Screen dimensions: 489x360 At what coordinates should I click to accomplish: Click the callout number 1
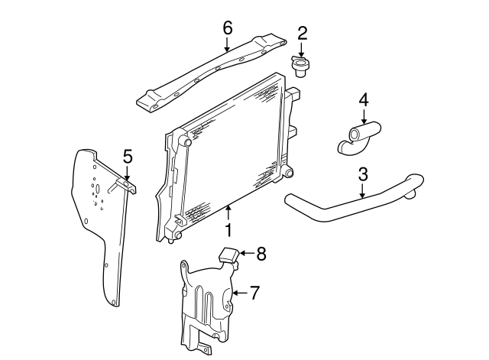pyautogui.click(x=228, y=230)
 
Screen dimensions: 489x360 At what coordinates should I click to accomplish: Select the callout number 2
pyautogui.click(x=302, y=34)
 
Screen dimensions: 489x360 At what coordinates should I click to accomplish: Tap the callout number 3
pyautogui.click(x=363, y=174)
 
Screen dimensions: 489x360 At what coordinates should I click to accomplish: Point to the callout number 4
pyautogui.click(x=364, y=100)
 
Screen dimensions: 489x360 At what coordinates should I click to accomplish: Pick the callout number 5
pyautogui.click(x=128, y=156)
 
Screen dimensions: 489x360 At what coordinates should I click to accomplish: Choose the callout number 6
pyautogui.click(x=228, y=28)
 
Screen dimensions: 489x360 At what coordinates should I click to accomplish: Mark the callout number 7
pyautogui.click(x=254, y=293)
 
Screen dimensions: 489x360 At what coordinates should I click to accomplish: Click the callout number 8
pyautogui.click(x=261, y=254)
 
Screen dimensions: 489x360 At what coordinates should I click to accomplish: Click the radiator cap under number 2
pyautogui.click(x=299, y=66)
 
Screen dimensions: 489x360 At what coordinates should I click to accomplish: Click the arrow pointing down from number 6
pyautogui.click(x=227, y=44)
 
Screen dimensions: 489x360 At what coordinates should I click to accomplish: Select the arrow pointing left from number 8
pyautogui.click(x=247, y=253)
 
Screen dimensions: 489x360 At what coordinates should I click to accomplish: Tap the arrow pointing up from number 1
pyautogui.click(x=228, y=213)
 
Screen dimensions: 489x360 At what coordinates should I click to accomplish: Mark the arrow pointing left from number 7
pyautogui.click(x=241, y=293)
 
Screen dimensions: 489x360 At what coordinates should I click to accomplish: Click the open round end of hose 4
pyautogui.click(x=355, y=135)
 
